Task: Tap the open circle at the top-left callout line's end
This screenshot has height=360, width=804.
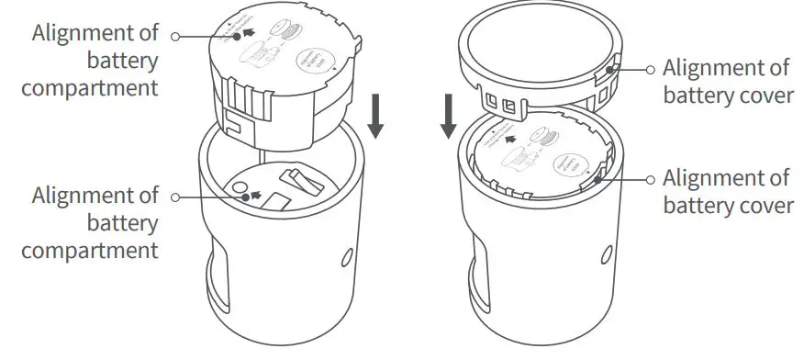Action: pyautogui.click(x=175, y=36)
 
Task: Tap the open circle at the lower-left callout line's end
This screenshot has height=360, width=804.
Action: pyautogui.click(x=175, y=196)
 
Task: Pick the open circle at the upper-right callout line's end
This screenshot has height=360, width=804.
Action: pyautogui.click(x=651, y=69)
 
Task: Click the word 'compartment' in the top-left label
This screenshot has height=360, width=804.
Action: pyautogui.click(x=90, y=88)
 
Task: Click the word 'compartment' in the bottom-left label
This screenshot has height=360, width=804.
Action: pyautogui.click(x=90, y=250)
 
